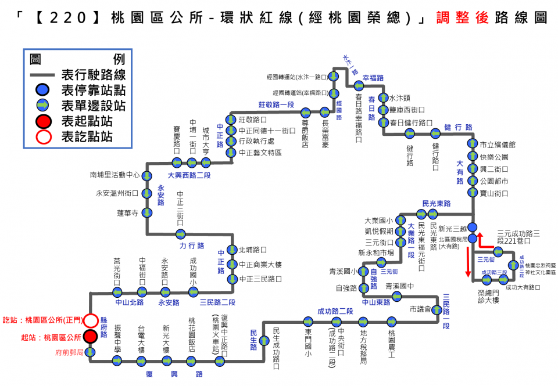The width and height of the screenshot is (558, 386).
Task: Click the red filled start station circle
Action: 90,337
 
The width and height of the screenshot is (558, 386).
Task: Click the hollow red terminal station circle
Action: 90,320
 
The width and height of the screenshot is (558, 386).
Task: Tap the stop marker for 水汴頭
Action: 382,98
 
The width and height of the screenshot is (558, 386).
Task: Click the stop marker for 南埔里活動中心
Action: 147,174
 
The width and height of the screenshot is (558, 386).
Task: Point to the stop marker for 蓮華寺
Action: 147,213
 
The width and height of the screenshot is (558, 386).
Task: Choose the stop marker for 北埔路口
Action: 233,250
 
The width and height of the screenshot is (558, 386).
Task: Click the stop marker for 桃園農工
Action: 391,321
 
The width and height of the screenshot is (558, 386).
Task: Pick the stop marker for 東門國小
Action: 308,321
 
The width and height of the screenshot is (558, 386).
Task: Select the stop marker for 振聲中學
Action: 117,361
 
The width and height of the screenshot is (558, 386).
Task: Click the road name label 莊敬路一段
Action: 276,104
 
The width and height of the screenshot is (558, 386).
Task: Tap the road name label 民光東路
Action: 437,204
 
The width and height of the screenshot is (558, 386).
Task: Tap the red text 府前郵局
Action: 69,352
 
